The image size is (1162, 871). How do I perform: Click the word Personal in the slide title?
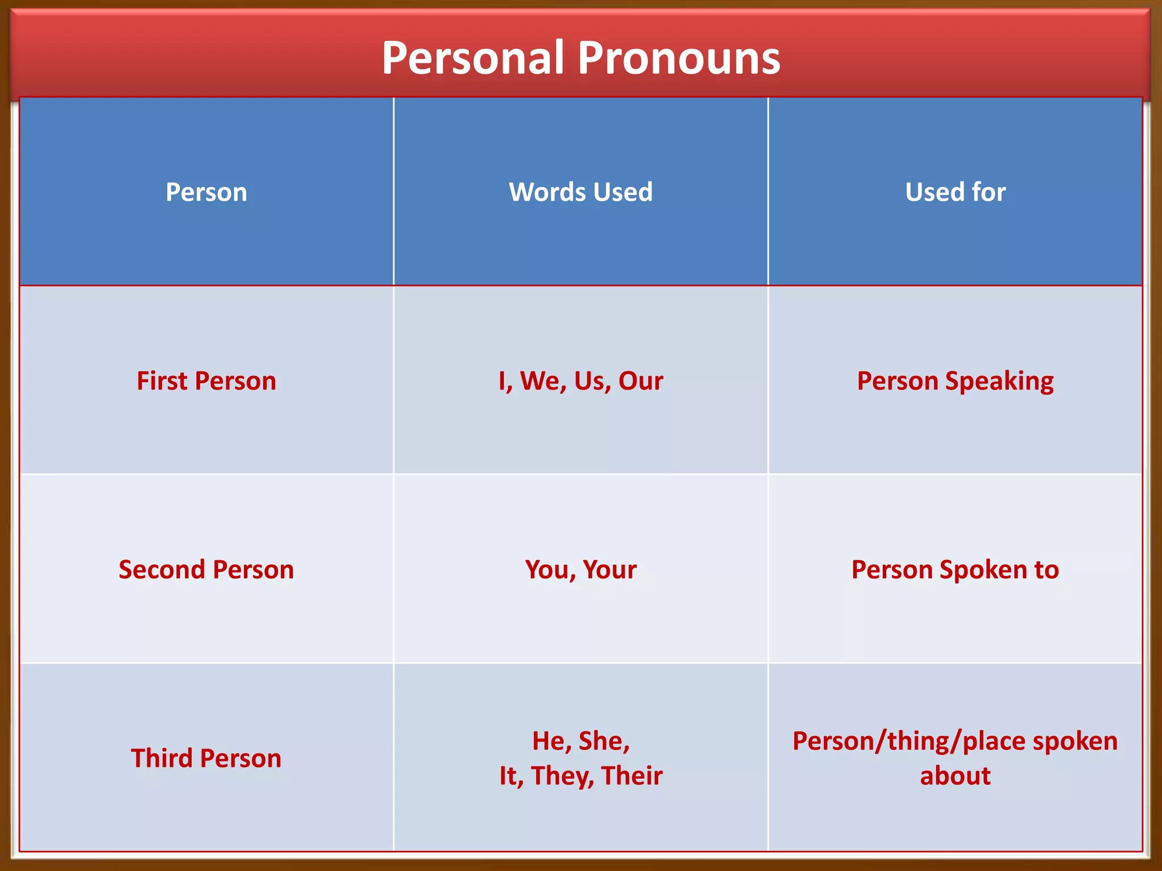473,58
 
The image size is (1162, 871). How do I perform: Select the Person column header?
206,192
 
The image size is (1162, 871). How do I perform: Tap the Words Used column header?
580,192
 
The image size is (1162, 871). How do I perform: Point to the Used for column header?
955,192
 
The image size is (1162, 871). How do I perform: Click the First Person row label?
206,381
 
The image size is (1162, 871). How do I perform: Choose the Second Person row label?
206,570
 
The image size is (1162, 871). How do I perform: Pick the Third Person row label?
206,759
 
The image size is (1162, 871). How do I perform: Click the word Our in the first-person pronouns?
641,381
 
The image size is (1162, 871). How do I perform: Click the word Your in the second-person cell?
609,570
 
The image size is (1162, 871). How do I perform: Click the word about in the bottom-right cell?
955,776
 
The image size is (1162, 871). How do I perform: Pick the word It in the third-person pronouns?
510,776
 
